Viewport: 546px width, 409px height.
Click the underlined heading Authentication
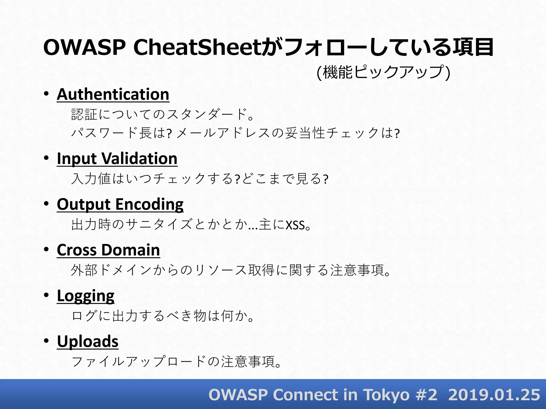coord(113,95)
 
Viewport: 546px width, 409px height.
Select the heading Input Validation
coord(117,159)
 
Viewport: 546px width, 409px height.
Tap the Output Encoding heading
coord(120,204)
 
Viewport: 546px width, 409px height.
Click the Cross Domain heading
coord(108,250)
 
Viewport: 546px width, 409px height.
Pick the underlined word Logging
coord(86,296)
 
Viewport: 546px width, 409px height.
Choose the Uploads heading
coord(88,342)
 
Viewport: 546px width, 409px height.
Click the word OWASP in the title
coord(84,47)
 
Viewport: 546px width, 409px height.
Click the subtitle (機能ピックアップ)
coord(383,72)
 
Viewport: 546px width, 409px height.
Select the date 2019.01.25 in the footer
coord(494,395)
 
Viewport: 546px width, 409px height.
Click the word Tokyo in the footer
coord(387,395)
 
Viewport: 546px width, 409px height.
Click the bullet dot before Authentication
coord(46,94)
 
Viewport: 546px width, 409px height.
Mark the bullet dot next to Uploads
coord(46,341)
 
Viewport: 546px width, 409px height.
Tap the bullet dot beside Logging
coord(46,295)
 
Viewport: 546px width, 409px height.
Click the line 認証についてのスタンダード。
coord(163,114)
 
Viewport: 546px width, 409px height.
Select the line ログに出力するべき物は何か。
coord(163,316)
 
